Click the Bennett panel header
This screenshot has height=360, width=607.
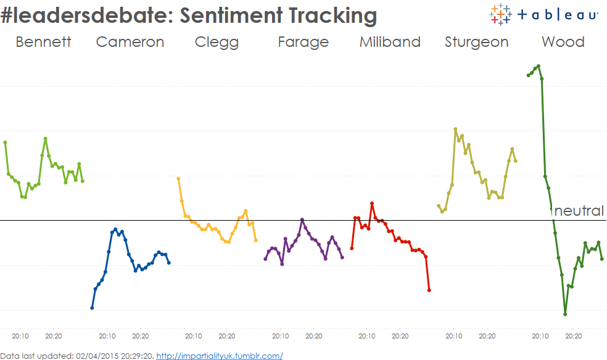point(43,42)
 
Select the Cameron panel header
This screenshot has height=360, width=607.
point(130,42)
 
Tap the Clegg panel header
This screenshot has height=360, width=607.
point(217,42)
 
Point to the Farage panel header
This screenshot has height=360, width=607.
point(303,42)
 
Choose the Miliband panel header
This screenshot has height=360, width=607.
point(390,42)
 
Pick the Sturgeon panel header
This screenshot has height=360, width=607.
point(476,42)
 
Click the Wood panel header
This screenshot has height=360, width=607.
point(563,42)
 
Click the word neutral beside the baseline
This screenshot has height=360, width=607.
point(579,211)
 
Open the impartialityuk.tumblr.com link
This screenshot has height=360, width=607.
point(220,356)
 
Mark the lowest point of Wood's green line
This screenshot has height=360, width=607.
point(565,314)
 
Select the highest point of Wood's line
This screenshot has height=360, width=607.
point(539,66)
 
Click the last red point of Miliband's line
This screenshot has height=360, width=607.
point(429,290)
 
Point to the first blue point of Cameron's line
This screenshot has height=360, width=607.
point(92,308)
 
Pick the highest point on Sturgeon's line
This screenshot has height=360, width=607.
point(455,129)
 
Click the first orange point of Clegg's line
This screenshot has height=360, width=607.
point(178,179)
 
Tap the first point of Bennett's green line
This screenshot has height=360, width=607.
point(5,142)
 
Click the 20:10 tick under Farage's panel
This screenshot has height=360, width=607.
point(280,336)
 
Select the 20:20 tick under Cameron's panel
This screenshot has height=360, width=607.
point(141,336)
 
